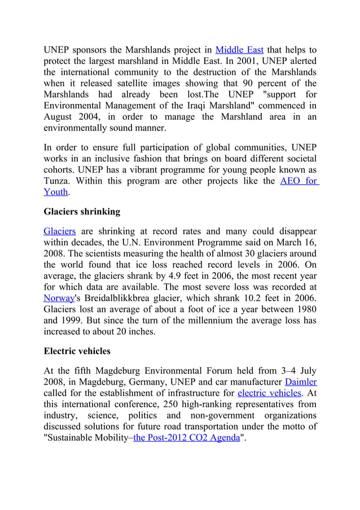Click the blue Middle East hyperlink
coord(240,50)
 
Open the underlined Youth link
coord(56,192)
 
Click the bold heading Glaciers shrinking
coord(82,212)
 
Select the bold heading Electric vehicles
coord(77,351)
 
